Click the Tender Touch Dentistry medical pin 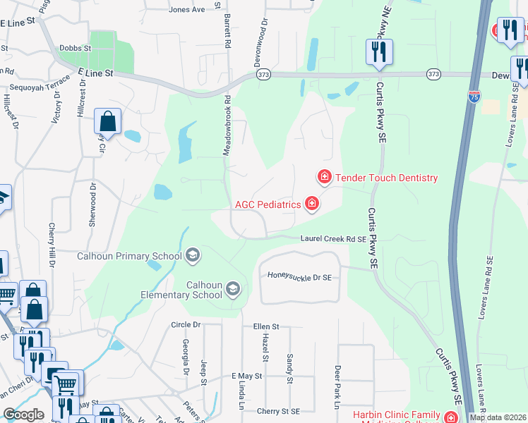coord(324,176)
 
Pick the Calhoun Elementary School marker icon coord(233,288)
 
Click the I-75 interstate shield coord(474,97)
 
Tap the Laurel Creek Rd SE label coord(333,239)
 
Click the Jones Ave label coord(187,10)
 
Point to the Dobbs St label coord(76,48)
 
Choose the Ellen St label coord(267,327)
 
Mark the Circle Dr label coord(186,325)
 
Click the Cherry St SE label coord(279,411)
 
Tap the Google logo coord(23,415)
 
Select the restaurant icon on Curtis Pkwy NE coord(379,52)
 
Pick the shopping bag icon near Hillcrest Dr coord(107,121)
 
